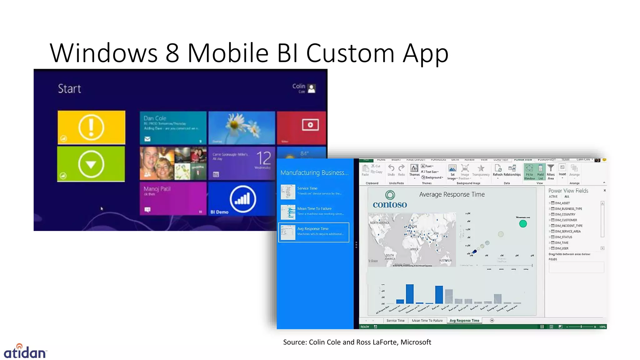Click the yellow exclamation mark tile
[91, 127]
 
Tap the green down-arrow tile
[91, 164]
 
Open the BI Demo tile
[242, 199]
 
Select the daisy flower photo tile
[242, 128]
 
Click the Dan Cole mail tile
[173, 128]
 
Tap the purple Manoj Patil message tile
[173, 199]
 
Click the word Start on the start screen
[69, 89]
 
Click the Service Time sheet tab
[395, 321]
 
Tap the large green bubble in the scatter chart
[523, 224]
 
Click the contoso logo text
[390, 205]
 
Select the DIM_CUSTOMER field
[566, 220]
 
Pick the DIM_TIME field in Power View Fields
[562, 243]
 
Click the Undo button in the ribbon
[391, 170]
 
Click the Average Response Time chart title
[452, 194]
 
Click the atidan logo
[25, 352]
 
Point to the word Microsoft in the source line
[416, 342]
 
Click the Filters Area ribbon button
[551, 172]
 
